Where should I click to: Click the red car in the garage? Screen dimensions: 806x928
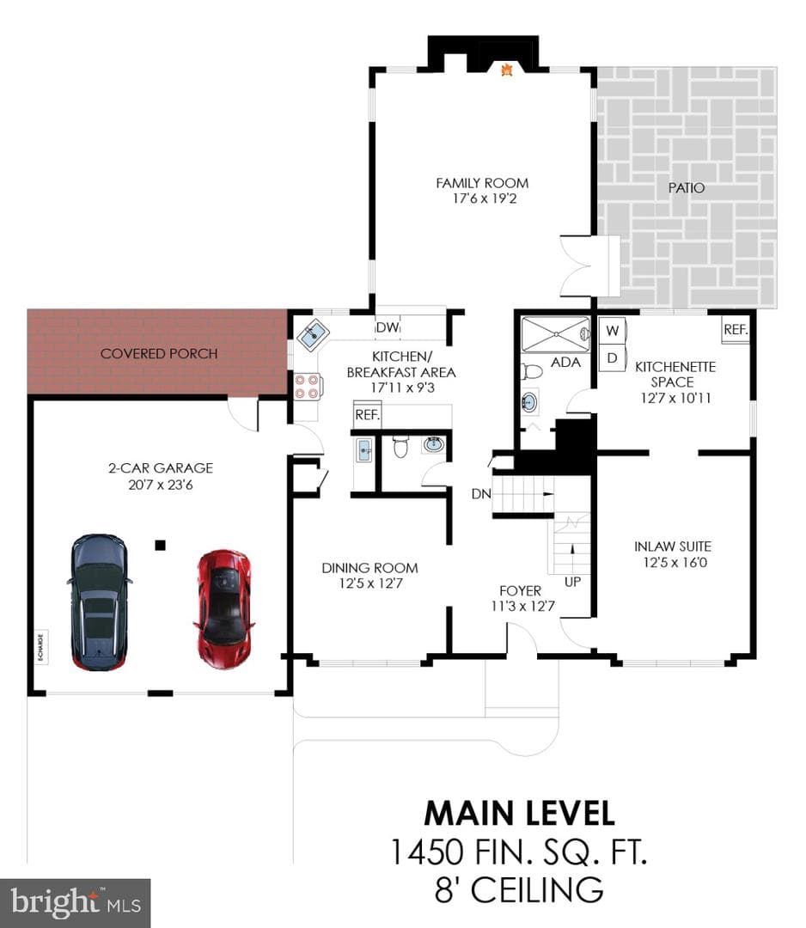point(224,609)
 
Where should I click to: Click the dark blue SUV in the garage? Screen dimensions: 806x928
point(99,602)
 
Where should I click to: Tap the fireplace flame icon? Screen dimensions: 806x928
point(507,70)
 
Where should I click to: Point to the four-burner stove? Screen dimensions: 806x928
point(308,387)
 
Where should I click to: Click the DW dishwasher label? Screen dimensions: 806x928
point(388,327)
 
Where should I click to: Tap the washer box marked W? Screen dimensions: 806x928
point(613,330)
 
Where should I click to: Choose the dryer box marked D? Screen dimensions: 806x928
point(613,358)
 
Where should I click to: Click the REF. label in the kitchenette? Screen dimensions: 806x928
point(736,330)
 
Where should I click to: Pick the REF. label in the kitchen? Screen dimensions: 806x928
point(367,415)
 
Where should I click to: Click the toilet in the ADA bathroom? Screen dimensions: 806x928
point(531,372)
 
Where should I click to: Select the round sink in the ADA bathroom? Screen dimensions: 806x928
point(529,402)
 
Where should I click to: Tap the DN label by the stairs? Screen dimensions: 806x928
point(481,493)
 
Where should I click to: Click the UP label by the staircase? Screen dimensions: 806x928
point(572,582)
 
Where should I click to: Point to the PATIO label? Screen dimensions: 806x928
point(687,187)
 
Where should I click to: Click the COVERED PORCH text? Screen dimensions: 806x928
point(159,353)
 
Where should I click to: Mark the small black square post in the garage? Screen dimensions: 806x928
point(160,545)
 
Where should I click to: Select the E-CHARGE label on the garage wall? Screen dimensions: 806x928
point(41,648)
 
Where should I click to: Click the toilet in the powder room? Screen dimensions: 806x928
point(400,447)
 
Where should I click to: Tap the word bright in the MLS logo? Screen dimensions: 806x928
point(54,902)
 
